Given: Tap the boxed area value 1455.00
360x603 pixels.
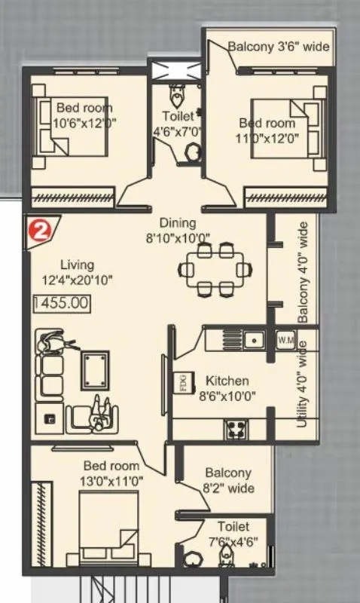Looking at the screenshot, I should click(x=62, y=305).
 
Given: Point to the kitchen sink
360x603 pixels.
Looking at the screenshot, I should click(x=255, y=339).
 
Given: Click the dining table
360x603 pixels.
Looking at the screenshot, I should click(x=214, y=269).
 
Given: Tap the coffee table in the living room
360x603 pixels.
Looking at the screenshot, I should click(x=95, y=372).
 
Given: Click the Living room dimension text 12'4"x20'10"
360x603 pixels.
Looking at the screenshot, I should click(x=78, y=282).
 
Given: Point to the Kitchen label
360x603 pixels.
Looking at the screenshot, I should click(x=227, y=381).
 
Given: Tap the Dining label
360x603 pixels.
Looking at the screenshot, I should click(x=178, y=222).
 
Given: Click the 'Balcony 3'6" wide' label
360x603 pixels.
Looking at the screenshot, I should click(x=279, y=46).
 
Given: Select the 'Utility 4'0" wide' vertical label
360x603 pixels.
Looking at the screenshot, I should click(x=302, y=384).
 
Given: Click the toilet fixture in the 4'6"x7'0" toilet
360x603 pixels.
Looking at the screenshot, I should click(x=178, y=97).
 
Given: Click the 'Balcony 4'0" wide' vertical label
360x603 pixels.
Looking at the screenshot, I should click(x=304, y=272).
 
